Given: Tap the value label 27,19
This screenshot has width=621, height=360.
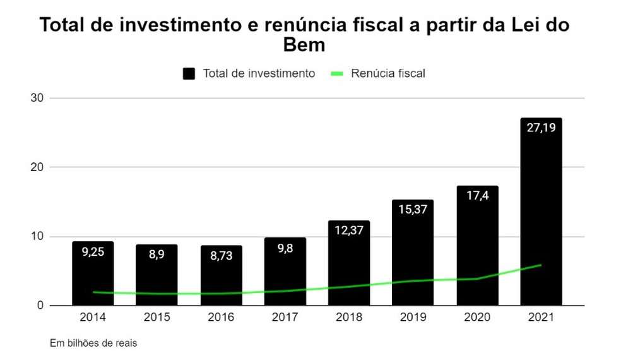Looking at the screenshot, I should (541, 128).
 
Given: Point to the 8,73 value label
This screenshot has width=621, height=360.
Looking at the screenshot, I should (221, 258).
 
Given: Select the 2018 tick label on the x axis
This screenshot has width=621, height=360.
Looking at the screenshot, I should (349, 318).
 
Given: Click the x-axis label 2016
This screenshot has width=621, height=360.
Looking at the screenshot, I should (221, 318).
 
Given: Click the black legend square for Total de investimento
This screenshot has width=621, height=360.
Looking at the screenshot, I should (189, 73).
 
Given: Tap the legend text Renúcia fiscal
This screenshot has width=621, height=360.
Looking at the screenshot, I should (387, 73).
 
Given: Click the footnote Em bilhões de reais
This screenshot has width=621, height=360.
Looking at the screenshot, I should (93, 344).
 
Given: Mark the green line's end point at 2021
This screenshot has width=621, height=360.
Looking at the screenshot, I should (541, 265).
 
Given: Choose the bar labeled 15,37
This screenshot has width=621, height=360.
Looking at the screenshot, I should (413, 253).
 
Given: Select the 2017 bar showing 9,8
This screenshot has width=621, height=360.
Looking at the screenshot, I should (285, 272).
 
